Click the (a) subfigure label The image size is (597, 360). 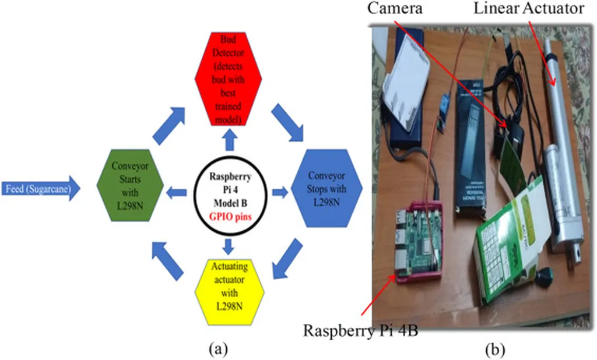point(217,349)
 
